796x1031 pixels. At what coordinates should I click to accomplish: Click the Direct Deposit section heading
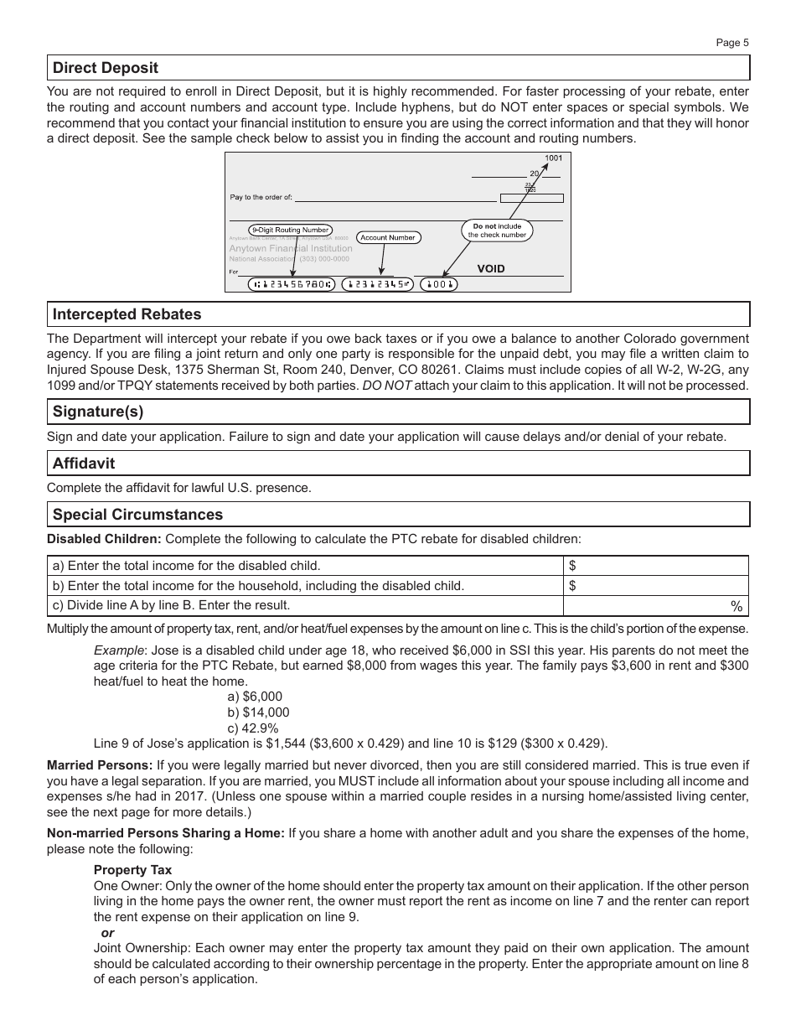(106, 68)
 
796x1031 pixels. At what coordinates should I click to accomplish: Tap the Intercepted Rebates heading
(127, 314)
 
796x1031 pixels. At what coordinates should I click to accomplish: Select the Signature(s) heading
(96, 412)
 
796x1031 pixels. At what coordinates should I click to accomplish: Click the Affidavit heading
(84, 463)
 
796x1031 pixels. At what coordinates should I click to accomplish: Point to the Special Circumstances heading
(138, 515)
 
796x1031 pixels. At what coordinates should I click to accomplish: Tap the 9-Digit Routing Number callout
(290, 230)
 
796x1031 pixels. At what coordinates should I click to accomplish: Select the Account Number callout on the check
(387, 237)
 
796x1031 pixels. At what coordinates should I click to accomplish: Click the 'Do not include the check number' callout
(497, 231)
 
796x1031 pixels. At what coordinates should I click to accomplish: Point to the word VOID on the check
(491, 269)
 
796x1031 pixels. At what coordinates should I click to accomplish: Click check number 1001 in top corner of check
(553, 158)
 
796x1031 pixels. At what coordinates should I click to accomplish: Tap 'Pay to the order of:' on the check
(261, 198)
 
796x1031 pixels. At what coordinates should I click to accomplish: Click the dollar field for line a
(655, 566)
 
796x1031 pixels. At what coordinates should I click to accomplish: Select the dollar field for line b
(655, 586)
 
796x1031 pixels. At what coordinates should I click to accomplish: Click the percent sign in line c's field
(737, 606)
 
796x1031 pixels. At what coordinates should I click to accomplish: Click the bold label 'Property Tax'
(132, 870)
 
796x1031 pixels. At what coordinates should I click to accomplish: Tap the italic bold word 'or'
(107, 933)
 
